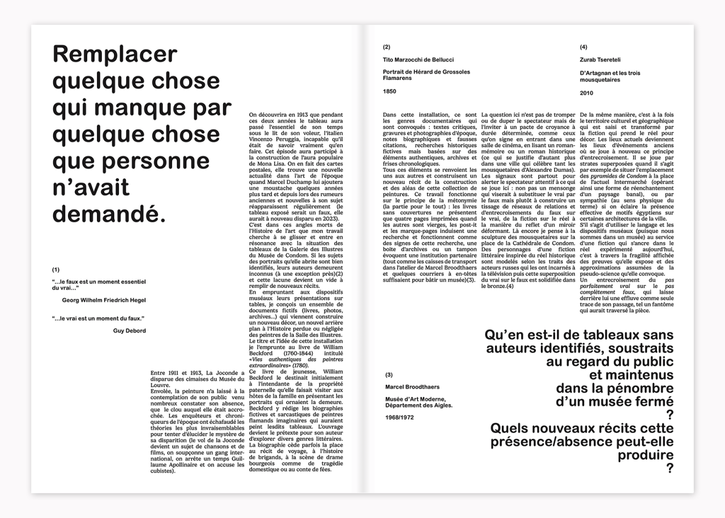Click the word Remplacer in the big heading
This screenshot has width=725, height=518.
[x=115, y=54]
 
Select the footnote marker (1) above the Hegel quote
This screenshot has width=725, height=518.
[x=56, y=269]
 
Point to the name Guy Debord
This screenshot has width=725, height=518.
[x=129, y=330]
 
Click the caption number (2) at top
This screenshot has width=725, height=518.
[x=386, y=47]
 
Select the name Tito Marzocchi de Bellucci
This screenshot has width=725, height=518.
[x=418, y=60]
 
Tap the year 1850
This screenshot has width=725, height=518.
[x=390, y=91]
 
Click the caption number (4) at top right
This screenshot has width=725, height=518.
[x=583, y=47]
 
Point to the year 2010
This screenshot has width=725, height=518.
[x=587, y=93]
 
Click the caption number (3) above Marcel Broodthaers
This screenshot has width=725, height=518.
[x=389, y=375]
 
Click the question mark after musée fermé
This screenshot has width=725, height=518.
[x=669, y=415]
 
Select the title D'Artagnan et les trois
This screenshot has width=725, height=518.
[x=610, y=73]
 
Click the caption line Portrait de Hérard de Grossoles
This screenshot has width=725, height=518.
[x=426, y=72]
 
